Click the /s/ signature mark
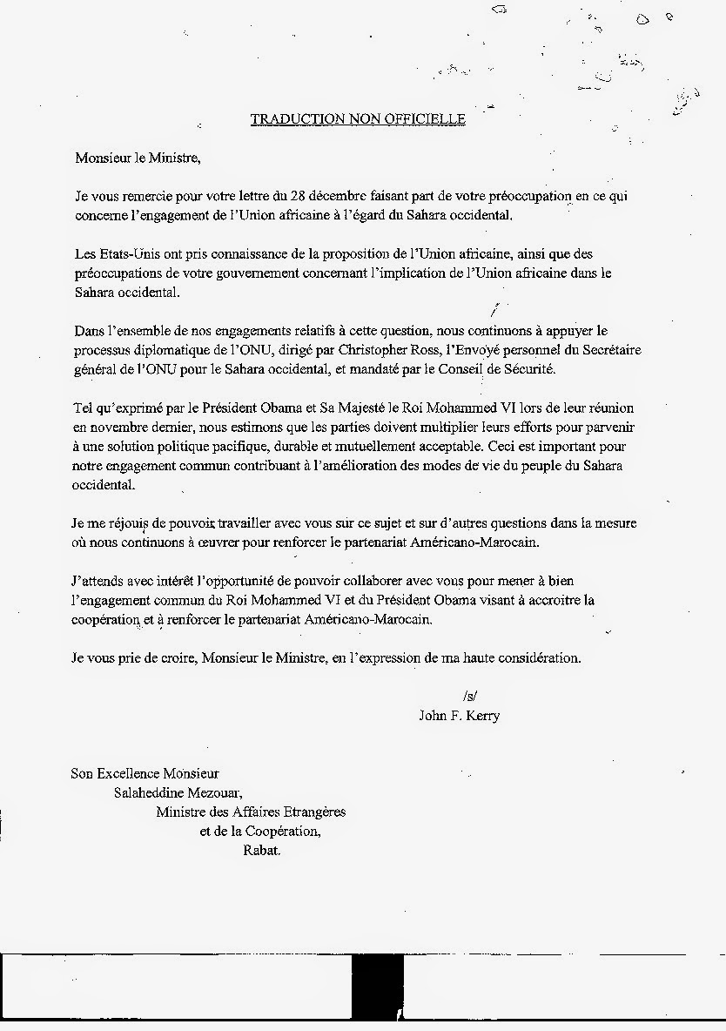tap(471, 696)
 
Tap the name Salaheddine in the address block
tap(150, 792)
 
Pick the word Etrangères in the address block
tap(309, 812)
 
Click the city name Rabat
tap(262, 850)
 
